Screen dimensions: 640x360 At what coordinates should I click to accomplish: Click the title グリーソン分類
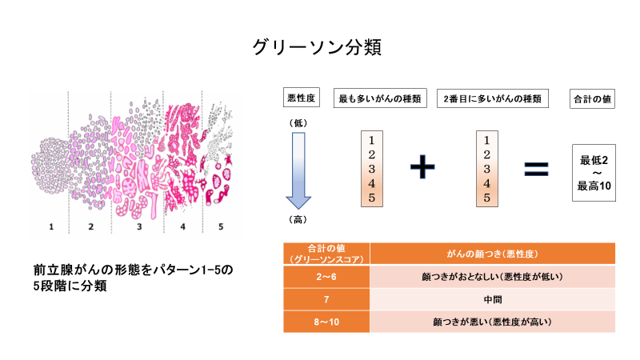(317, 47)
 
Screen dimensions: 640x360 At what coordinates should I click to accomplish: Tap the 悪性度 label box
(302, 98)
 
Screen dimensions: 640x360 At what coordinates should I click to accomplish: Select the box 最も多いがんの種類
(380, 98)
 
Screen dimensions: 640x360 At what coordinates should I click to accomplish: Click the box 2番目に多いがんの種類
(493, 98)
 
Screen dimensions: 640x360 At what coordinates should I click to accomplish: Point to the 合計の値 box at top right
(592, 98)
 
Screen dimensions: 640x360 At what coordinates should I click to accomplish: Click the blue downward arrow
(298, 170)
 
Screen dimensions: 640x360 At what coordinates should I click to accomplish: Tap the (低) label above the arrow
(298, 123)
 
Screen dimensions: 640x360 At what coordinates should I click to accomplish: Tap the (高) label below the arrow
(298, 219)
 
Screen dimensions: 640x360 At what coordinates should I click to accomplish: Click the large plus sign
(422, 166)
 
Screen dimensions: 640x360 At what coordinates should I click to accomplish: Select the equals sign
(536, 169)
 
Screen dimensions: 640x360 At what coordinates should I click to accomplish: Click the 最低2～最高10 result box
(594, 173)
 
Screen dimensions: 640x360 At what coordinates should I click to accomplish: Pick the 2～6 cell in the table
(326, 277)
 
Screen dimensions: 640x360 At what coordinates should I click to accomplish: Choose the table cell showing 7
(326, 299)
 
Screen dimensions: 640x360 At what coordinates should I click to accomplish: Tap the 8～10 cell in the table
(326, 322)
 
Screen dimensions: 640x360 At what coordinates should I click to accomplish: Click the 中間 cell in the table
(493, 299)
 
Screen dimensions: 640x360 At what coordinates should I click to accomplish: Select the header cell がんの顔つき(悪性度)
(493, 254)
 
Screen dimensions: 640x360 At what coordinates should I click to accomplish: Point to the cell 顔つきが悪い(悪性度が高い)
(493, 322)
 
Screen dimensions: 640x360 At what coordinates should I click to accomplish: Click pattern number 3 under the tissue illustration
(139, 226)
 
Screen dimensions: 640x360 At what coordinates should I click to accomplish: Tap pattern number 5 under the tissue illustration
(221, 226)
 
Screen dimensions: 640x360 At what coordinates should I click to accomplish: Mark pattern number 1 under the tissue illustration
(51, 226)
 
